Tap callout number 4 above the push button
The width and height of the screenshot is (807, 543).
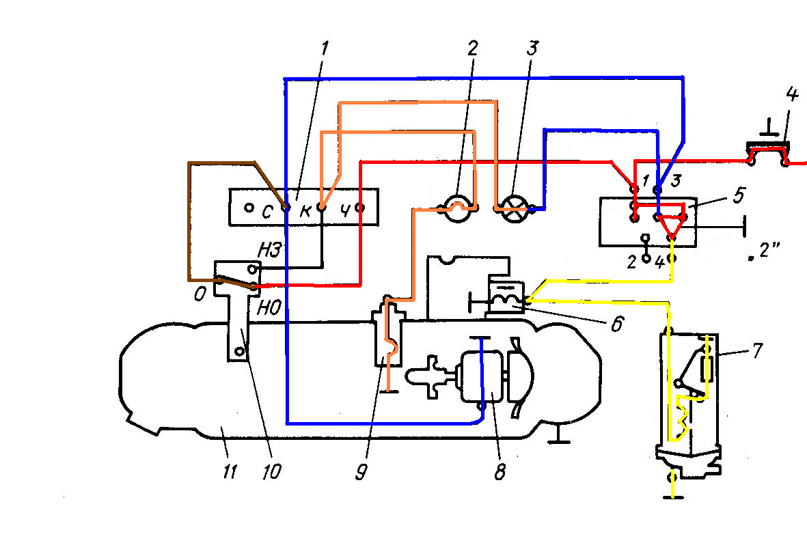(x=792, y=94)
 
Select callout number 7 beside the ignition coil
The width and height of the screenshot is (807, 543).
(x=757, y=350)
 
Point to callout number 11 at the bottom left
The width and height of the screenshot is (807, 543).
(x=230, y=471)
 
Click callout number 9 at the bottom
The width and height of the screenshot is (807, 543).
(x=361, y=471)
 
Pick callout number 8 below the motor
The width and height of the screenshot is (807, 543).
(x=500, y=471)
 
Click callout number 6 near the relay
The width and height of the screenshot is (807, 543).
(x=616, y=324)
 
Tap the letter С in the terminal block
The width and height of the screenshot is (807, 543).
(x=266, y=211)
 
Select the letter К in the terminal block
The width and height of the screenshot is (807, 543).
(x=305, y=211)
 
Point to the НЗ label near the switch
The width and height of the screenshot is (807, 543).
(x=270, y=251)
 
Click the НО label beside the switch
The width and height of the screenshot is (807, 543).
(x=269, y=307)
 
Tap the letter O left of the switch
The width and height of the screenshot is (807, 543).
(x=200, y=294)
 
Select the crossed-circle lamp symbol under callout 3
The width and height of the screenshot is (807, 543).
(x=512, y=209)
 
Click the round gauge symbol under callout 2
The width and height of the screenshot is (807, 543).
(x=457, y=209)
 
